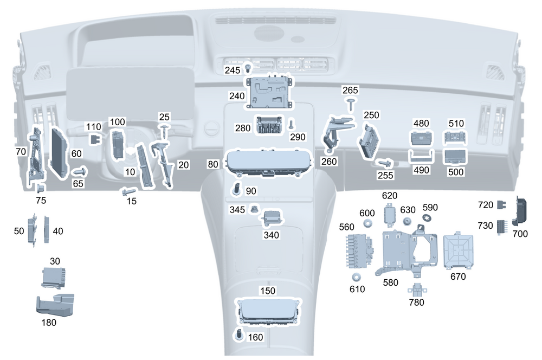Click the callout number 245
click(x=233, y=70)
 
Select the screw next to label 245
click(x=249, y=68)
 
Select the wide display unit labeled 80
click(x=267, y=163)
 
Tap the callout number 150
click(x=267, y=291)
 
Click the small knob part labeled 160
click(x=239, y=334)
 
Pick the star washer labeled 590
click(x=427, y=218)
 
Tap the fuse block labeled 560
click(x=358, y=250)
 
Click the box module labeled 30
click(x=54, y=278)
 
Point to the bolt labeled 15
click(x=129, y=191)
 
